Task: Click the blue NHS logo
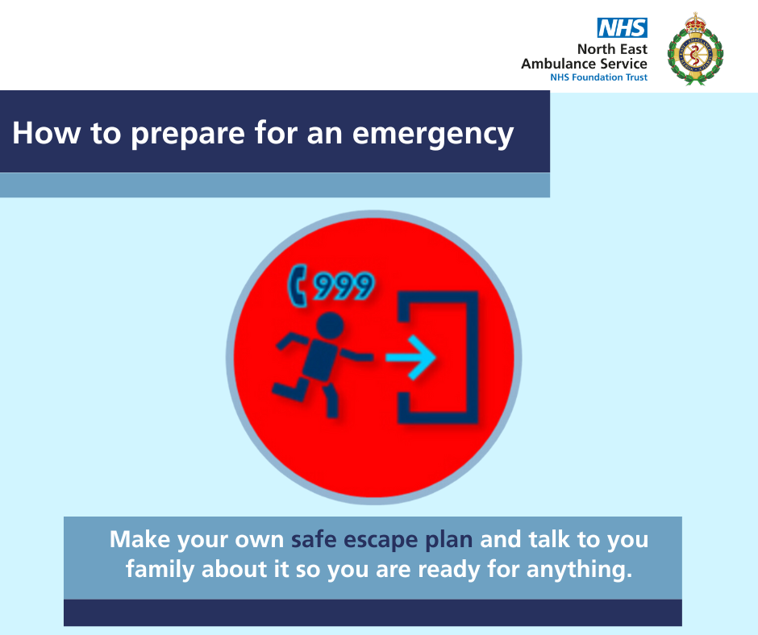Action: click(x=623, y=27)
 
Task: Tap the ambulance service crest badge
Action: click(x=695, y=49)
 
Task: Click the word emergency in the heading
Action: click(x=433, y=134)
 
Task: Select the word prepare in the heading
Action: click(x=188, y=134)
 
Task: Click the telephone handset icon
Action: click(x=298, y=285)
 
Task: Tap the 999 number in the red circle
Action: click(x=344, y=285)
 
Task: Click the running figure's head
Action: click(x=330, y=326)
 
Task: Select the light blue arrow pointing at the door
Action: click(x=411, y=358)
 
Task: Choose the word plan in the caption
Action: click(x=448, y=541)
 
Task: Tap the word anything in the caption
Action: click(x=579, y=570)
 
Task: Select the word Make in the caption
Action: click(x=140, y=539)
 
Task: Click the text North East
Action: click(x=612, y=49)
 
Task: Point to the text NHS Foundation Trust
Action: click(x=598, y=77)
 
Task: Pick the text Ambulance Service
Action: click(x=584, y=64)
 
